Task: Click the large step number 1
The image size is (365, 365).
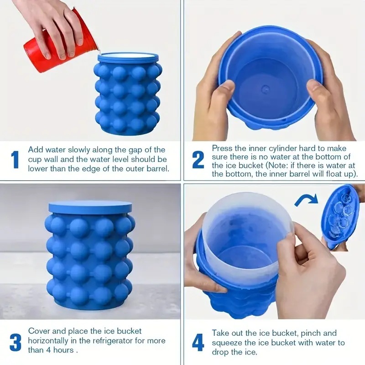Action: pyautogui.click(x=15, y=160)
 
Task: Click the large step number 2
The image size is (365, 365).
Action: pyautogui.click(x=198, y=160)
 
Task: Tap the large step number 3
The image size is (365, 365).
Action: pyautogui.click(x=16, y=342)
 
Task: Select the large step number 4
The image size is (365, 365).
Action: pyautogui.click(x=198, y=342)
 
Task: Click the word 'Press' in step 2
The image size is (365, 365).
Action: pyautogui.click(x=222, y=148)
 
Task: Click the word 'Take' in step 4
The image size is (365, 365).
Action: pyautogui.click(x=221, y=333)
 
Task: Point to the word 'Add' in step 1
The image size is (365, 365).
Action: pyautogui.click(x=35, y=150)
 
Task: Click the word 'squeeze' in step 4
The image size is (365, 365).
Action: pyautogui.click(x=226, y=343)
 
